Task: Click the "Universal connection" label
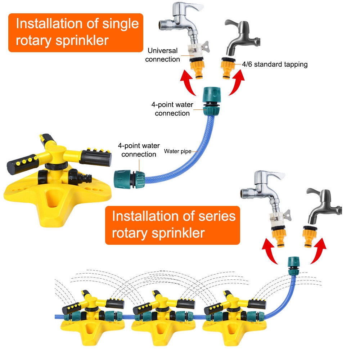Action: (162, 55)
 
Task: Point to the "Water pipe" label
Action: (177, 151)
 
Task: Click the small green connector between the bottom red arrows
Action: (292, 265)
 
